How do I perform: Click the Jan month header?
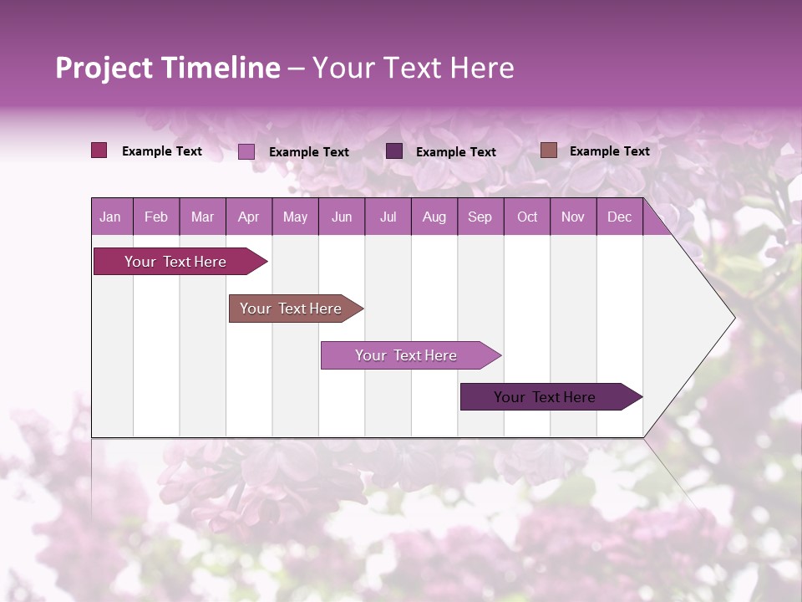click(x=111, y=217)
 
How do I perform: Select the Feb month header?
click(x=156, y=217)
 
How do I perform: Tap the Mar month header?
click(x=202, y=217)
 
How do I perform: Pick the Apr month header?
click(x=249, y=217)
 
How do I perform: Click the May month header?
click(x=295, y=217)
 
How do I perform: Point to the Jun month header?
click(x=342, y=217)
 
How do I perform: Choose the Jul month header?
click(x=388, y=217)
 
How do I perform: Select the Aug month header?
click(x=434, y=217)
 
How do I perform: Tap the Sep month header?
click(x=480, y=217)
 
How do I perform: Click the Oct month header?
click(x=527, y=217)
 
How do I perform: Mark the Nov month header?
click(x=573, y=217)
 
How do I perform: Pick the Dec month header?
click(x=620, y=217)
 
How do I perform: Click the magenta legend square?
click(x=99, y=150)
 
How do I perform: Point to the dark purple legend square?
click(x=394, y=150)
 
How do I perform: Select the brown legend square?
click(x=548, y=150)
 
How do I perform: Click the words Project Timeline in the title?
click(x=168, y=68)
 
